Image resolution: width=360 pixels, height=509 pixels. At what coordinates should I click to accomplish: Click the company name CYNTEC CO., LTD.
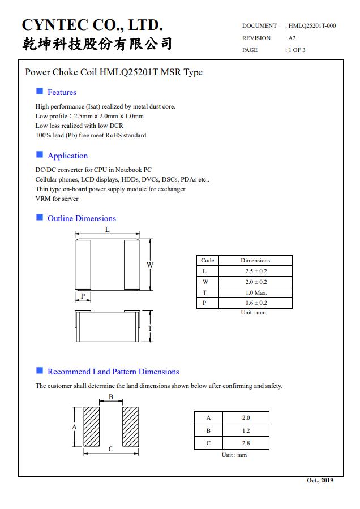coord(92,25)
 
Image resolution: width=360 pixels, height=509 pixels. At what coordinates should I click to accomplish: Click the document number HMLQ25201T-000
coord(312,25)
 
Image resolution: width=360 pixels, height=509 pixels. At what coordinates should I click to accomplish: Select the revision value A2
coord(292,38)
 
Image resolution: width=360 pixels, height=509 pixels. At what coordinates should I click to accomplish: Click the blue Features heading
coord(62,92)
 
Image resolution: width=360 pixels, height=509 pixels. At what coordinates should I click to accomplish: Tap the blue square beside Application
coord(40,154)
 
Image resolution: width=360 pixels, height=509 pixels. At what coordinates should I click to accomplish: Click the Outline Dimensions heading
coord(82,218)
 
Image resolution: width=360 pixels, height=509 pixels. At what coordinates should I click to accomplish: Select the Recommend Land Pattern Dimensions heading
coord(113,372)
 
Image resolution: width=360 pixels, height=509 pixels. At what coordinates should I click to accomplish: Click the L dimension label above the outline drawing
coord(108,230)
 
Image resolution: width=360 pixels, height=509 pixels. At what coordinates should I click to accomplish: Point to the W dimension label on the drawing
coord(150,265)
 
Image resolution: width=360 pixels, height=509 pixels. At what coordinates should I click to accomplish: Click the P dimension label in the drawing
coord(83,296)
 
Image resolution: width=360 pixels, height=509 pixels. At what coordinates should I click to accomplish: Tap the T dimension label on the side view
coord(150,328)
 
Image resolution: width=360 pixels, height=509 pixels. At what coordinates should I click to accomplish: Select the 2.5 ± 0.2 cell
coord(255,271)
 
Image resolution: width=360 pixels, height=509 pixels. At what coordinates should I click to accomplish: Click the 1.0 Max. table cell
coord(255,292)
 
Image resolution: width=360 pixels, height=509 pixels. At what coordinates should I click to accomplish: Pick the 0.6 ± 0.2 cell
coord(255,303)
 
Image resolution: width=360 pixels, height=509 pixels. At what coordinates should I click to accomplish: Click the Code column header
coord(207,260)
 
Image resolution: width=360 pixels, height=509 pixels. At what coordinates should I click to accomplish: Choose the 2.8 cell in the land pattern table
coord(246,443)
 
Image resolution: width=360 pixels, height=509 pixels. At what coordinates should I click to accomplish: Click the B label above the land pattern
coord(111,397)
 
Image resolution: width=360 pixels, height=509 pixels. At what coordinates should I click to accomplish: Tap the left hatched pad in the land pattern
coord(92,427)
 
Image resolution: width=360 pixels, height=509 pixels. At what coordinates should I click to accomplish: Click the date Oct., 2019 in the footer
coord(320,480)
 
